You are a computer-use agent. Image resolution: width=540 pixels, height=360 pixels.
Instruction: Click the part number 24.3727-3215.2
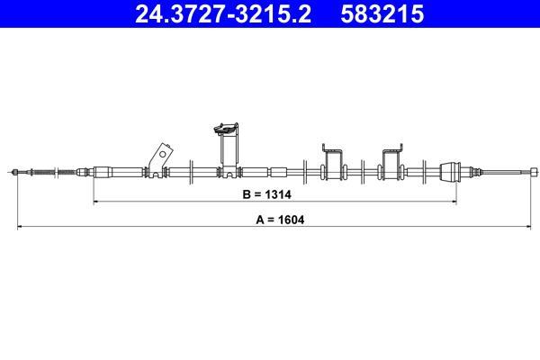point(223,14)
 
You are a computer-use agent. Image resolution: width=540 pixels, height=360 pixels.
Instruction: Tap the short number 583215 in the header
point(382,14)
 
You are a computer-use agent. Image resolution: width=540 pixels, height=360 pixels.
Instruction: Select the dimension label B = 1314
point(267,194)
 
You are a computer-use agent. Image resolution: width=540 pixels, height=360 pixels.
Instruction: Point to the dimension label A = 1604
point(280,220)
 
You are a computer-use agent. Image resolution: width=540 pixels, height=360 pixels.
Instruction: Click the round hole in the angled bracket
point(163,155)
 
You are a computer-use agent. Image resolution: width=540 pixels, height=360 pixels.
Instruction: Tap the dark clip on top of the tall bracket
point(226,128)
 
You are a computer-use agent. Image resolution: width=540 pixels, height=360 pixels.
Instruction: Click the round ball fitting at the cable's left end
point(14,172)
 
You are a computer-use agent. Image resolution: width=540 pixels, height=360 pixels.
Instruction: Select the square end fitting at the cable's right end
point(534,172)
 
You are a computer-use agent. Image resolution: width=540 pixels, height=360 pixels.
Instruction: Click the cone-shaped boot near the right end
point(450,170)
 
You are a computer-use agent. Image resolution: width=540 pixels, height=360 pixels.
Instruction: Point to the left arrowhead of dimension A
point(20,226)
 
